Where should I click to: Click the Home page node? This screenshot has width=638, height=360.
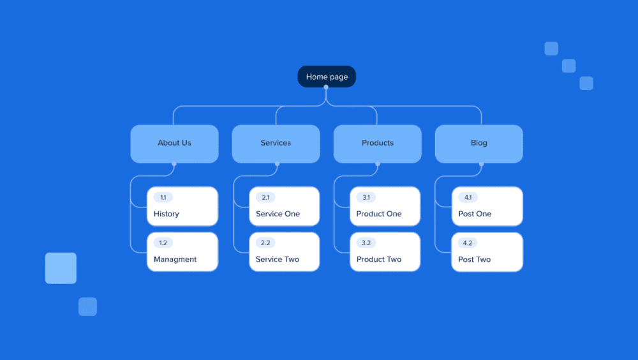click(327, 77)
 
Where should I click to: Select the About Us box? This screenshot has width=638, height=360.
click(174, 144)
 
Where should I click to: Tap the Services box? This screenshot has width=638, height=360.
click(276, 144)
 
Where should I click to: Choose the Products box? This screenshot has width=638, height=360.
click(377, 144)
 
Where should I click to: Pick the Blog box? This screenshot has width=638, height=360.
click(478, 144)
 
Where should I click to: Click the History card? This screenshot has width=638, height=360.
click(182, 206)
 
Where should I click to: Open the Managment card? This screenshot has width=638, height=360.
click(182, 252)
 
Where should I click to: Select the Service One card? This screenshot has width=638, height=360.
click(284, 206)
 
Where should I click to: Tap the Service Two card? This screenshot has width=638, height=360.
click(284, 252)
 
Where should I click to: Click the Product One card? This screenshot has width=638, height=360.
click(385, 206)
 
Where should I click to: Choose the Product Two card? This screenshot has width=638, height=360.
click(385, 252)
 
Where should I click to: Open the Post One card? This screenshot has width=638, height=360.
click(487, 206)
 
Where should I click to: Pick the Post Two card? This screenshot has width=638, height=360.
click(487, 252)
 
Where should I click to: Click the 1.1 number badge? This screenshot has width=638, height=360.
click(163, 198)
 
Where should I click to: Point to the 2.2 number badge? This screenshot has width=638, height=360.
click(265, 243)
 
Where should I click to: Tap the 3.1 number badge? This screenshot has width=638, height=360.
click(366, 198)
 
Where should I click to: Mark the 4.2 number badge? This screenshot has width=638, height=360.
click(468, 243)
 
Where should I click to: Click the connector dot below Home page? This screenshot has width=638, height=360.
click(327, 87)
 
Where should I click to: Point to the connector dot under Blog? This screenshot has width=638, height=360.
click(481, 164)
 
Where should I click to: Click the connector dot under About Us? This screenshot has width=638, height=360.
click(174, 164)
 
